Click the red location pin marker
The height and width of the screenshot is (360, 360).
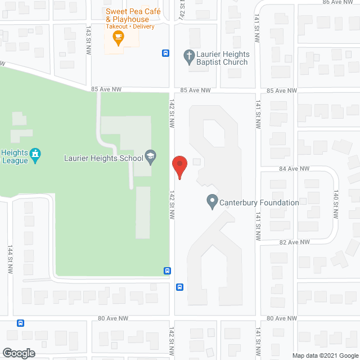(x=179, y=167)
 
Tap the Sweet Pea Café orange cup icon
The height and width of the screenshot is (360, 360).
(x=118, y=38)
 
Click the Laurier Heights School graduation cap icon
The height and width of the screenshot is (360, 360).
(x=150, y=157)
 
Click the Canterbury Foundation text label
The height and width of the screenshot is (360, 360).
(x=259, y=202)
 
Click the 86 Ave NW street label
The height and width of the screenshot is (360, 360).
(x=339, y=2)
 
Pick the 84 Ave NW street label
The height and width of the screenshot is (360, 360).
(x=294, y=169)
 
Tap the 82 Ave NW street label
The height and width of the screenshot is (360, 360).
(x=294, y=242)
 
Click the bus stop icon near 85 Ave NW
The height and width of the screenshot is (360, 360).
(x=166, y=53)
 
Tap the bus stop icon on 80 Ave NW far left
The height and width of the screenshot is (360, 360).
(x=21, y=323)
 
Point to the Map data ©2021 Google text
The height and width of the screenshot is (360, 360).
(x=325, y=355)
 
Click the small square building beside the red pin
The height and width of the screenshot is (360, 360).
(x=196, y=162)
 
